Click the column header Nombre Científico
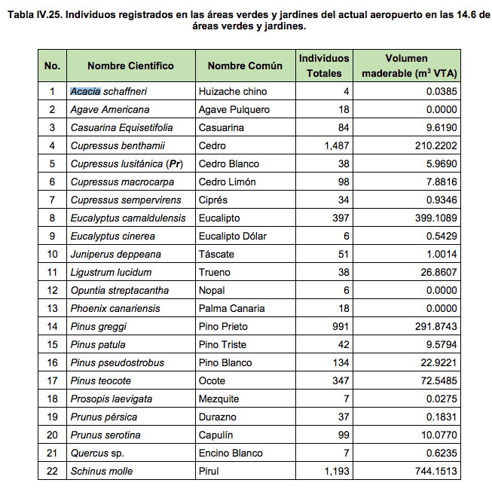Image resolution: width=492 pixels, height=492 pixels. (130, 66)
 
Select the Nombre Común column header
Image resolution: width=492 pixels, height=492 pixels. (245, 66)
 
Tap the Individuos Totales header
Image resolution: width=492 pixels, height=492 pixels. (324, 66)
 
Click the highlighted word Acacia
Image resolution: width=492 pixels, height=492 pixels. (85, 92)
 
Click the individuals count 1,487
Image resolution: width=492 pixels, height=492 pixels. (337, 146)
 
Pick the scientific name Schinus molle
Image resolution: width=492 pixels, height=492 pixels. (101, 472)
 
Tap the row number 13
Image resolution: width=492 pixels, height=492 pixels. (52, 309)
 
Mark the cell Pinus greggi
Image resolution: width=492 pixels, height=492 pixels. (98, 327)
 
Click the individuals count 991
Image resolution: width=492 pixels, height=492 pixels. (341, 327)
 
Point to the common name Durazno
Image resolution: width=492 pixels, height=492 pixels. (218, 417)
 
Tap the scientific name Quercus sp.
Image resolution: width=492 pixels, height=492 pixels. (97, 454)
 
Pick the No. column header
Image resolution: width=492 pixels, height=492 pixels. (52, 66)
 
